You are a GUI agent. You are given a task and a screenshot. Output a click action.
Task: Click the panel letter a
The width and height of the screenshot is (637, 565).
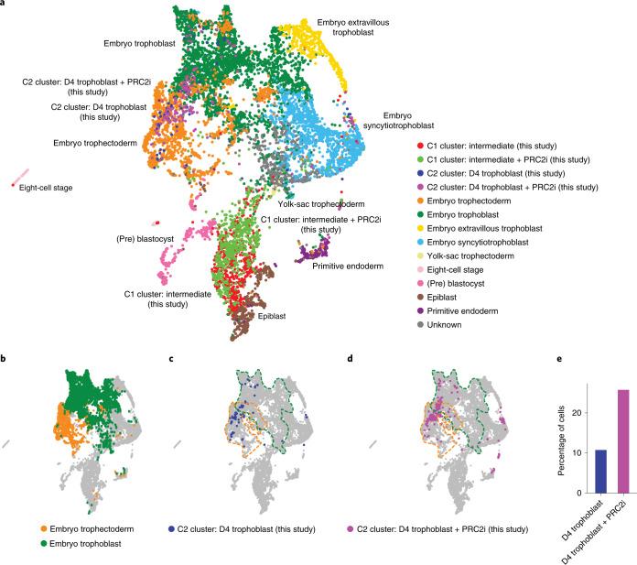pos(5,5)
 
